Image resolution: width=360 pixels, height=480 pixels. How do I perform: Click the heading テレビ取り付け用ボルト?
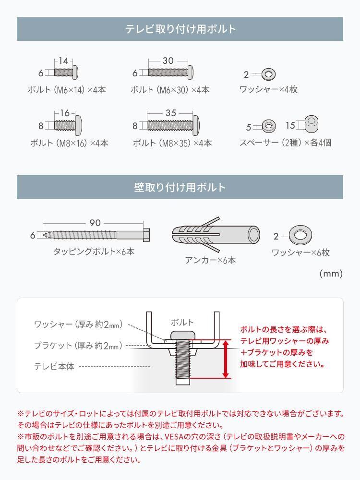[x=180, y=29]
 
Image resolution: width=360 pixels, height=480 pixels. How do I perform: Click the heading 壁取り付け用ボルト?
[x=180, y=187]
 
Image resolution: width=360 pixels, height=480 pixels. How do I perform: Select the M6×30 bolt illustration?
[x=171, y=73]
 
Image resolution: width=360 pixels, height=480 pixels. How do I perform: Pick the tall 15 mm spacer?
[x=311, y=124]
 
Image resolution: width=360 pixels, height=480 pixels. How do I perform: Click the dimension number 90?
[x=96, y=223]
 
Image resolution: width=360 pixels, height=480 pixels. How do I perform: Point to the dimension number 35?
[x=171, y=113]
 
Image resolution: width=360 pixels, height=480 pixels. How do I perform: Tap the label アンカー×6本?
[x=210, y=260]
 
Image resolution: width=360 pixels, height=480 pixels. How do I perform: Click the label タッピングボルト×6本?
[x=94, y=251]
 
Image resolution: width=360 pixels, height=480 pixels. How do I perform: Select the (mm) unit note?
[x=331, y=274]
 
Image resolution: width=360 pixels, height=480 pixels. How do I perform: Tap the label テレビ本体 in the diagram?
[x=54, y=366]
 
